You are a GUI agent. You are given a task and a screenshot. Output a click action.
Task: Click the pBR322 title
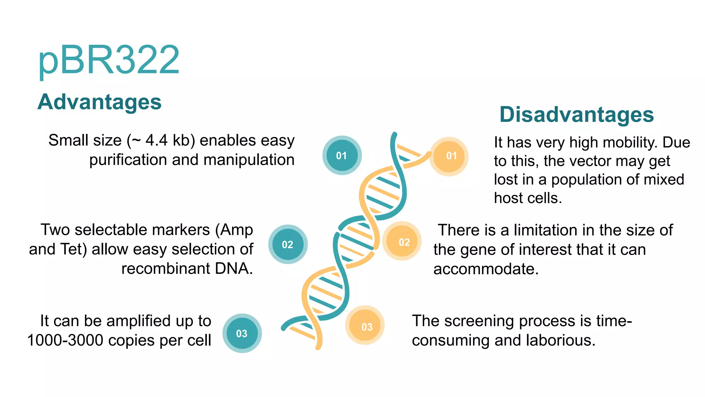[x=109, y=60]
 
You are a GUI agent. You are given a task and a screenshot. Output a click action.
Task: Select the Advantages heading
[x=99, y=102]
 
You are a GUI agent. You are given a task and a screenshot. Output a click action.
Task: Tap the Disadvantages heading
[x=577, y=114]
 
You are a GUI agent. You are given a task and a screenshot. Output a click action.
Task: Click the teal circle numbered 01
[x=342, y=155]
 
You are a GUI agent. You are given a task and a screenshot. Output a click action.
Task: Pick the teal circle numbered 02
[x=288, y=244]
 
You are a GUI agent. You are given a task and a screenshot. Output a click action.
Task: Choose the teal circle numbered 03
[x=242, y=333]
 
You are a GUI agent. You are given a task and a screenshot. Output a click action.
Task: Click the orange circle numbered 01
[x=449, y=156]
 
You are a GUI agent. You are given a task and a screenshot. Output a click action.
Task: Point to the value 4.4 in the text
[x=157, y=141]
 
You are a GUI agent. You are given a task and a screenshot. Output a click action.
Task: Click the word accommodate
[x=486, y=269]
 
